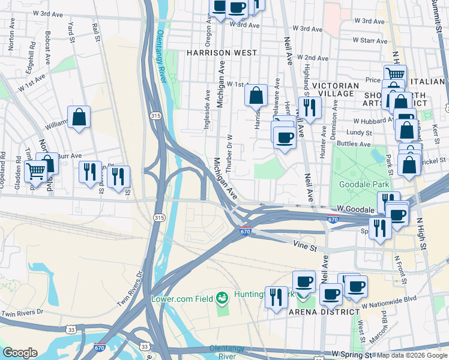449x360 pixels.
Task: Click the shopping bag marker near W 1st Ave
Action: (x=256, y=95)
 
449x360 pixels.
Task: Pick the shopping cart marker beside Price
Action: (x=395, y=75)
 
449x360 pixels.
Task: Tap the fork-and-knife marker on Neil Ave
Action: (x=310, y=107)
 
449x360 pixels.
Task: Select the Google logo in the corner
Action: (x=20, y=353)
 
